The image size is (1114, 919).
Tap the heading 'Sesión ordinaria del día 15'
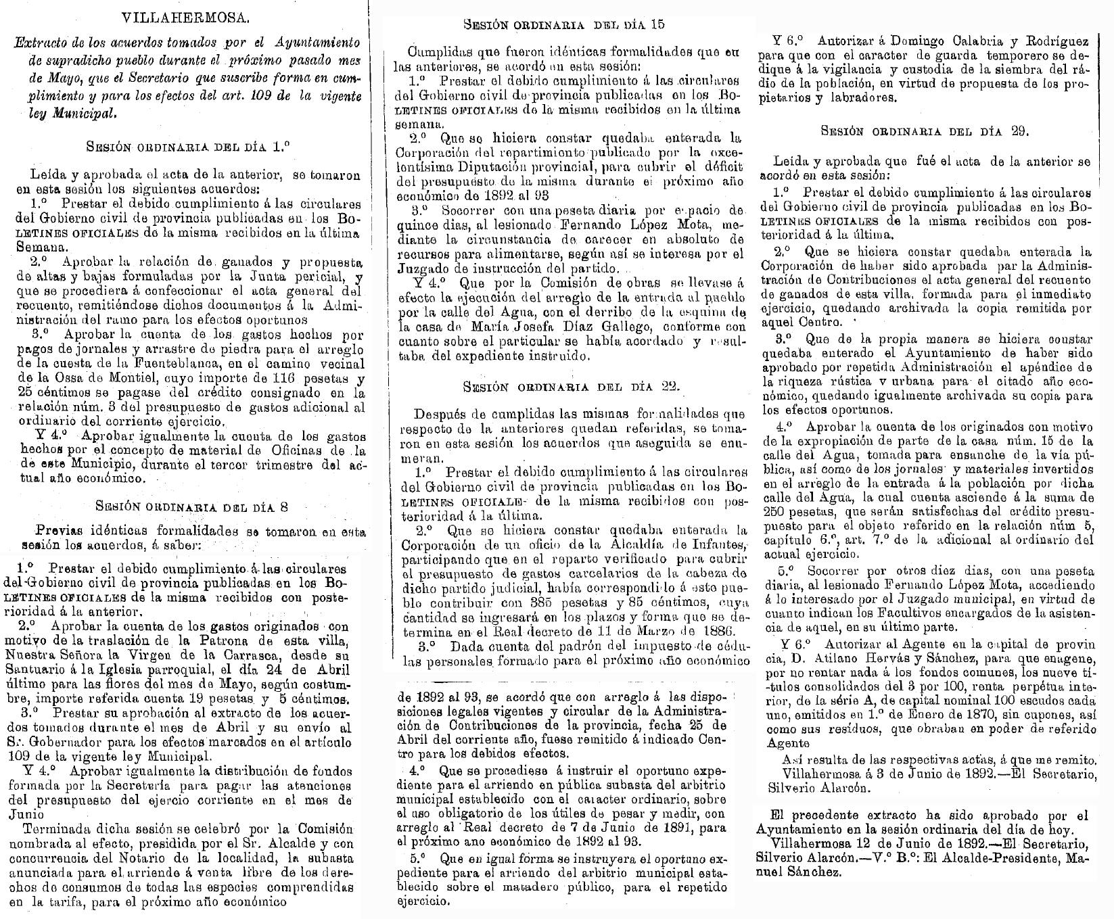563,25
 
